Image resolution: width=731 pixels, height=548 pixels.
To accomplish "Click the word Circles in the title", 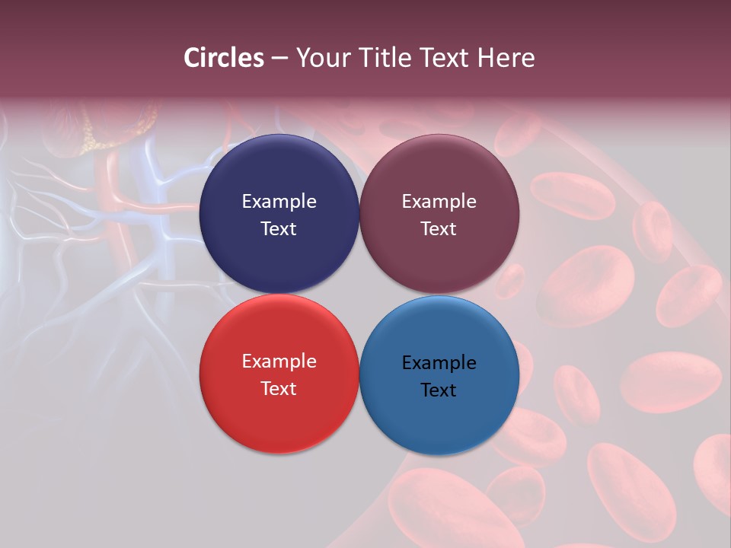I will pyautogui.click(x=224, y=58).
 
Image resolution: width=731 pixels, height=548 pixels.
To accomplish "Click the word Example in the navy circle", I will pyautogui.click(x=279, y=202).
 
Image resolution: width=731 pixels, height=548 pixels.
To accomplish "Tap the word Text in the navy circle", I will pyautogui.click(x=279, y=229).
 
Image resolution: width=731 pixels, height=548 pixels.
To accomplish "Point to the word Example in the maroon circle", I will pyautogui.click(x=439, y=202).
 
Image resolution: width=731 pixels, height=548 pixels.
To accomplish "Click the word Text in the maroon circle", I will pyautogui.click(x=439, y=229).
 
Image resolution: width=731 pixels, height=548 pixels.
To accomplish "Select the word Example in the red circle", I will pyautogui.click(x=279, y=362).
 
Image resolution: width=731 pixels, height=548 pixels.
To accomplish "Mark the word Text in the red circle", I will pyautogui.click(x=279, y=389).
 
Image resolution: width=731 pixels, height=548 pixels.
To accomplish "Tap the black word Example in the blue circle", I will pyautogui.click(x=439, y=363).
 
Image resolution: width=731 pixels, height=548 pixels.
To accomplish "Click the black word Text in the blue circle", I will pyautogui.click(x=439, y=390).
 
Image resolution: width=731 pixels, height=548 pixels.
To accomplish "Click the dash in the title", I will pyautogui.click(x=279, y=59).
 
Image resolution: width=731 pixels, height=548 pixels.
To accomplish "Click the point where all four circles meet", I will pyautogui.click(x=359, y=294).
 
